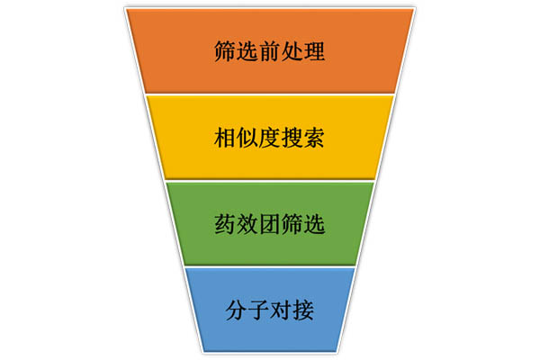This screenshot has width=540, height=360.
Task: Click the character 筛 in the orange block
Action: coord(227,50)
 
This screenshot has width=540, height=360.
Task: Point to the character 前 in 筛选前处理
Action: coord(270,50)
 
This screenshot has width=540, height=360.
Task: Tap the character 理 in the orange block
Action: coord(313,50)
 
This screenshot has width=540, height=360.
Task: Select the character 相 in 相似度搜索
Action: coord(227,138)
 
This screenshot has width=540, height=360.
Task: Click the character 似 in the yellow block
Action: coord(248,138)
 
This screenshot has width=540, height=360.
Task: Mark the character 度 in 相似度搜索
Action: coord(270,138)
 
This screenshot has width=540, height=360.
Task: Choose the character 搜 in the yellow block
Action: coord(292,138)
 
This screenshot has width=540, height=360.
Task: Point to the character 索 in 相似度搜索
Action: coord(313,138)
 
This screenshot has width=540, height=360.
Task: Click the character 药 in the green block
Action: coord(227,222)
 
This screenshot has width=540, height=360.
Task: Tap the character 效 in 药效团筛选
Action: coord(248,222)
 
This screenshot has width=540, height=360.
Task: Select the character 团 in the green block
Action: coord(270,222)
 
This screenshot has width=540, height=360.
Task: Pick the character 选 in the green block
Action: coord(313,222)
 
